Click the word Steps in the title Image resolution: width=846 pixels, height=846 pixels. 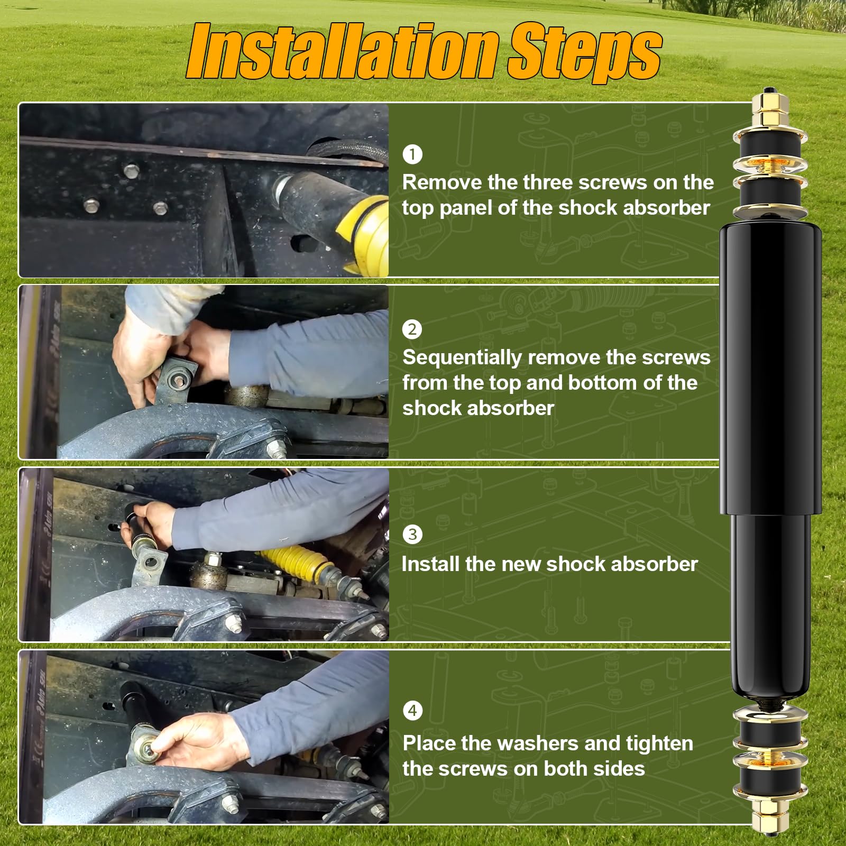tap(584, 51)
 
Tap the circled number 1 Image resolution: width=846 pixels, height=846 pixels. tap(412, 154)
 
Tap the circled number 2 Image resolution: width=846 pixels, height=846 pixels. tap(412, 329)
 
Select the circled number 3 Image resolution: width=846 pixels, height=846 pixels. tap(412, 534)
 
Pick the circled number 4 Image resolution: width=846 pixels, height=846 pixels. tap(412, 710)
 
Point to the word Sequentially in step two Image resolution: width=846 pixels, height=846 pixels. tap(462, 358)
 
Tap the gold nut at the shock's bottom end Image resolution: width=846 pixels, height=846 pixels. tap(770, 821)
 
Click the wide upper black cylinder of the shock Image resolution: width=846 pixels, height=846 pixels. tap(770, 365)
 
